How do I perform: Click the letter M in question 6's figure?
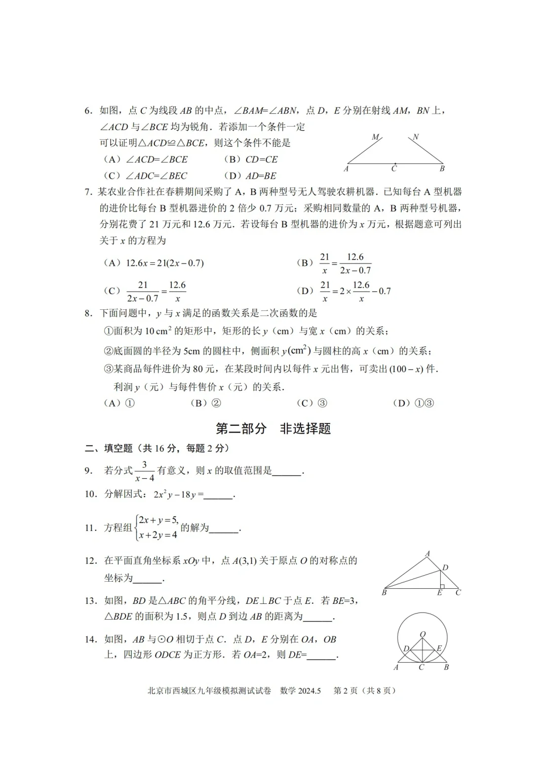[375, 137]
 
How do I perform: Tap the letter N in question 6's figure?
[416, 137]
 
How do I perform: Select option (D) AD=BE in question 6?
[250, 176]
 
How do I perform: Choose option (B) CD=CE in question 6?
[251, 159]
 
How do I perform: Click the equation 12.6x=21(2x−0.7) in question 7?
[165, 263]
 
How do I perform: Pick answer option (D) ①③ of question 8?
[413, 403]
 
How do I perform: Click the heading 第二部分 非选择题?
[273, 428]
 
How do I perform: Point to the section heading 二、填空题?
[109, 448]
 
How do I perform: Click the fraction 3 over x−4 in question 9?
[144, 471]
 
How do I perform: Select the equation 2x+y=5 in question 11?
[158, 520]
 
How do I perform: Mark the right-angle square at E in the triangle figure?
[442, 586]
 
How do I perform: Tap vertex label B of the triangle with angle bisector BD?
[384, 592]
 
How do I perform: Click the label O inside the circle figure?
[423, 634]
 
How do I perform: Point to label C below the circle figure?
[421, 667]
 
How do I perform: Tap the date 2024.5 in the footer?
[309, 690]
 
